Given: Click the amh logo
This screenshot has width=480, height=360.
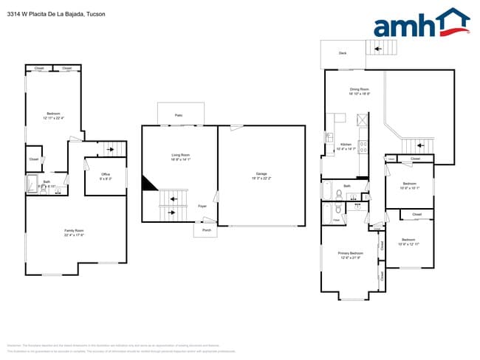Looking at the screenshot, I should point(422,24).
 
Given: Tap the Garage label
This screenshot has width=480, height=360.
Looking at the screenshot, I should point(261,173).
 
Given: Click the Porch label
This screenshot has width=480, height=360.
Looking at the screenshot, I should point(205,230).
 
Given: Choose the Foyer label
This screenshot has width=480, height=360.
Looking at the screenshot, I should point(202,207).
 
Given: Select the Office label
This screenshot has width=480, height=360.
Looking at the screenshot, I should point(106,174).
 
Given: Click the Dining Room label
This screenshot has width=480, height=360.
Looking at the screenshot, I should point(360,89).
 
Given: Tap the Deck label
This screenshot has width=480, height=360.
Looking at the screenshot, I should point(343,53).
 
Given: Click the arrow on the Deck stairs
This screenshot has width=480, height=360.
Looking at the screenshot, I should point(377,49).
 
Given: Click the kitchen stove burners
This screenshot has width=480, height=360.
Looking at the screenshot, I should point(363,146).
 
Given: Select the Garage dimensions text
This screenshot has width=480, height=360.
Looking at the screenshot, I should point(261,178).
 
